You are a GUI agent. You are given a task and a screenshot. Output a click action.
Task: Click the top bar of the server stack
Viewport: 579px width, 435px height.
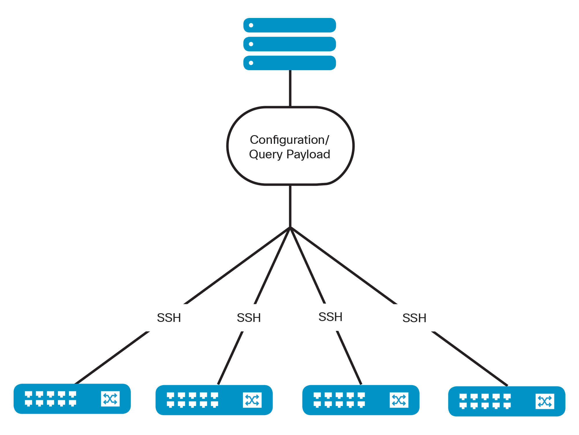tap(289, 25)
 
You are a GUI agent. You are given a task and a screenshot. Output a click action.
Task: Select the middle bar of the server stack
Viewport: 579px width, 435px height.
tap(289, 44)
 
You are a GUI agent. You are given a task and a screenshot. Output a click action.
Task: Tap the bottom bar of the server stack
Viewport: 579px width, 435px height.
tap(289, 63)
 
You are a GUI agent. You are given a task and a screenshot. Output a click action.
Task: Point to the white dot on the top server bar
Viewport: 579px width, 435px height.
tap(251, 25)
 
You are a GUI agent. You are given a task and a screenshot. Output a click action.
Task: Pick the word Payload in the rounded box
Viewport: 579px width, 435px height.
tap(308, 154)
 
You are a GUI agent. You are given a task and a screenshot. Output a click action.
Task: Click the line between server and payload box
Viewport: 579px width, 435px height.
tap(290, 88)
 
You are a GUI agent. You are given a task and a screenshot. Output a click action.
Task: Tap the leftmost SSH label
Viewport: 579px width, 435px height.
tap(169, 318)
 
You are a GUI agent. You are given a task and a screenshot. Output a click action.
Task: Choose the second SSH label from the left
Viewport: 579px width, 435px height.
tap(249, 318)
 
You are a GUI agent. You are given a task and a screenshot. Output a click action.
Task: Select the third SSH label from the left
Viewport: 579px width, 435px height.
tap(330, 317)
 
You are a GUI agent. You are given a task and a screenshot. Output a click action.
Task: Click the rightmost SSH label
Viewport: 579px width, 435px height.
tap(414, 318)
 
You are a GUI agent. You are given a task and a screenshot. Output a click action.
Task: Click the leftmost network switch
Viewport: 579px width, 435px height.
tap(72, 399)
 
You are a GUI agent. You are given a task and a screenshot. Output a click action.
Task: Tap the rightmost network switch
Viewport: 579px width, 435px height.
tap(507, 401)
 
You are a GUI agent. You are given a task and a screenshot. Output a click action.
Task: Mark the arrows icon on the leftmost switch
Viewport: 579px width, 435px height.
tap(110, 399)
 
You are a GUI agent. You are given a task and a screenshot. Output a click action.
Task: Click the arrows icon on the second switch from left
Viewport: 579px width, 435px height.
tap(252, 400)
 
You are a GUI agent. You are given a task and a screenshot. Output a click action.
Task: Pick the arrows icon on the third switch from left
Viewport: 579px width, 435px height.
tap(399, 400)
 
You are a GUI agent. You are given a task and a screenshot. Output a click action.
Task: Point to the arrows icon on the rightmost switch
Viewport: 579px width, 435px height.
tap(545, 401)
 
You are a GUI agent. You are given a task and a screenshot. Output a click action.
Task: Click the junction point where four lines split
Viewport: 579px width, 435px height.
tap(290, 228)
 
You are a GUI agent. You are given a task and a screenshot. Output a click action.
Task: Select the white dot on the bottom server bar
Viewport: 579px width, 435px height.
tap(251, 63)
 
